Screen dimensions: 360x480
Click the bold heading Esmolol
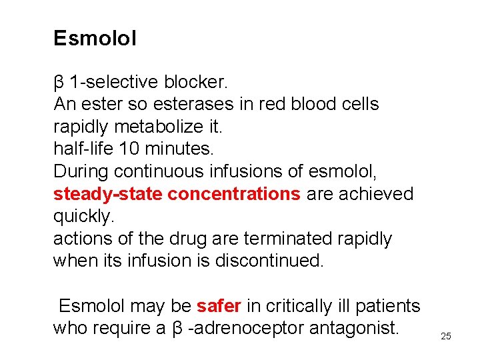coord(95,39)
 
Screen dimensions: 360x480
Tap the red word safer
coord(218,306)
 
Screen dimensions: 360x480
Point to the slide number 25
coord(446,336)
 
